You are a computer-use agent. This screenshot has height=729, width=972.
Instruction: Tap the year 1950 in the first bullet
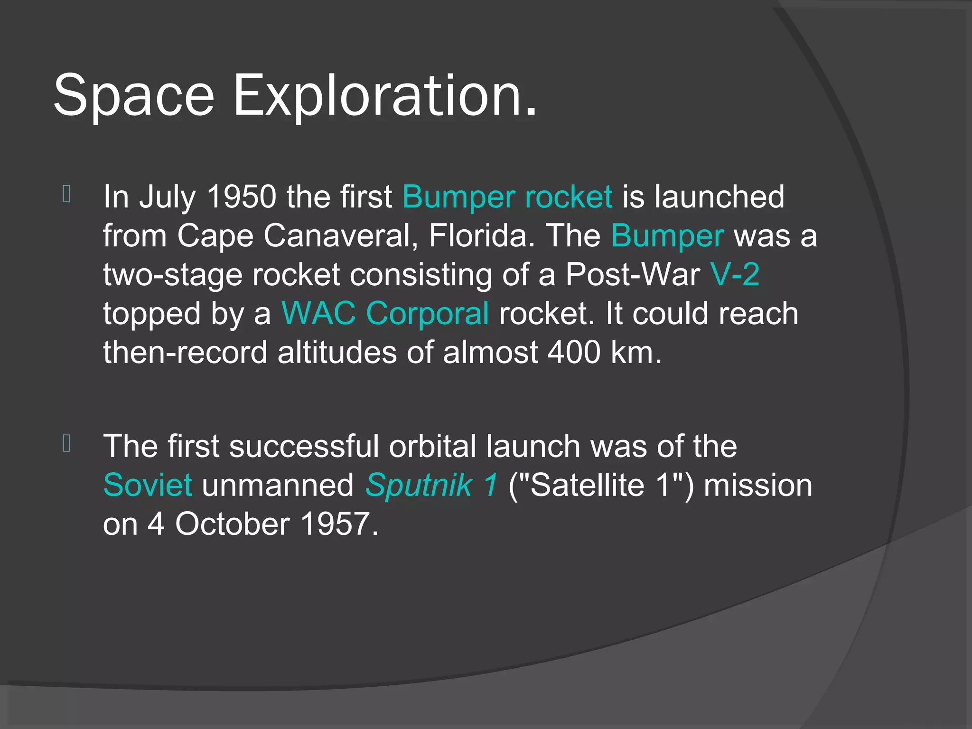(x=242, y=196)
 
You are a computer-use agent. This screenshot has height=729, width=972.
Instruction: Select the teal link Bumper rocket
(x=507, y=196)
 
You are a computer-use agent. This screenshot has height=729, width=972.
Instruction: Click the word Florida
(x=478, y=235)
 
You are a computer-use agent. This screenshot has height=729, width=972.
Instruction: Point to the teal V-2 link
(x=735, y=274)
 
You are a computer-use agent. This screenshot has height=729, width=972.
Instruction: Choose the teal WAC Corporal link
(x=385, y=313)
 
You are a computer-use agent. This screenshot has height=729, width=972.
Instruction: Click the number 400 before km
(x=574, y=352)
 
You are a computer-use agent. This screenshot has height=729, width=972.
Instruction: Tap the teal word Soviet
(x=148, y=485)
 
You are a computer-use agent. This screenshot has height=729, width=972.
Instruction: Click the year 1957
(x=335, y=524)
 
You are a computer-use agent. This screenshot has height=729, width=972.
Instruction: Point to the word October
(x=232, y=524)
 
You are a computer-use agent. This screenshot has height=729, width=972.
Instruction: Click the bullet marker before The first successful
(x=66, y=443)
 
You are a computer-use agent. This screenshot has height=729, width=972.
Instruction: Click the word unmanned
(x=278, y=485)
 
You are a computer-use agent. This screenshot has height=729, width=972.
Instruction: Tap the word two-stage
(x=173, y=275)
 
